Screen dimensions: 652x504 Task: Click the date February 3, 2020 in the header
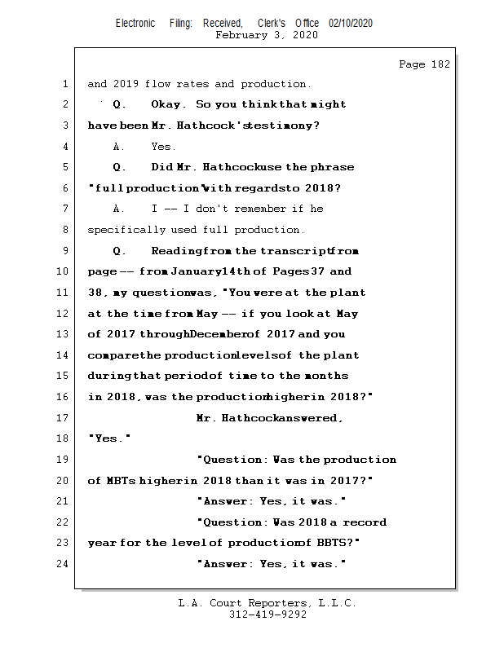coord(267,35)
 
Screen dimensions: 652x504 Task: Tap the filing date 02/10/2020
coord(351,24)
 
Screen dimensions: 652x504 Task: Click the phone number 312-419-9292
coord(267,615)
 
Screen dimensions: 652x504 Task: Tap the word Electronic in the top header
coord(135,24)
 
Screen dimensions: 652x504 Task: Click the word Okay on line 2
coord(169,104)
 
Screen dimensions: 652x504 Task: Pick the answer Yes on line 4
coord(163,147)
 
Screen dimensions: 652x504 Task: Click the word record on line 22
coord(371,522)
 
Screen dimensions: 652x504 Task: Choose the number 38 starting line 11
coord(95,293)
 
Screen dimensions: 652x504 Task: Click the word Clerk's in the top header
coord(273,24)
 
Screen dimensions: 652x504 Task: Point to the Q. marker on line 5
coord(120,167)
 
